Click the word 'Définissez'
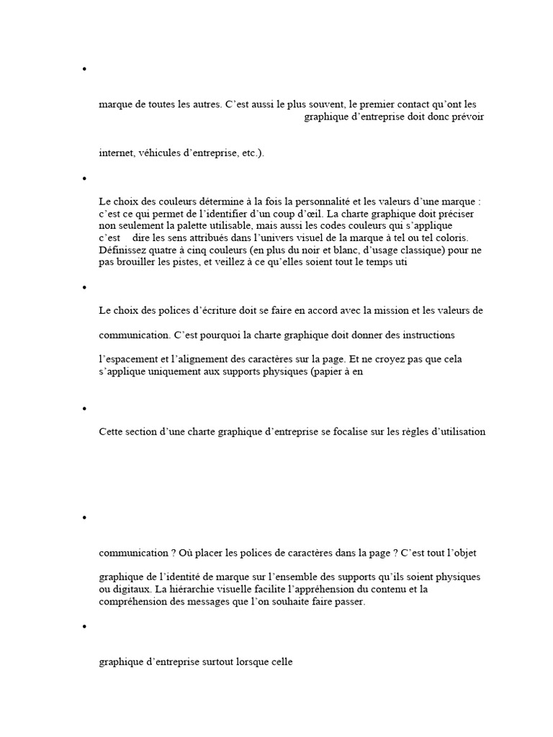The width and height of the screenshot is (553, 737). (x=123, y=250)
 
